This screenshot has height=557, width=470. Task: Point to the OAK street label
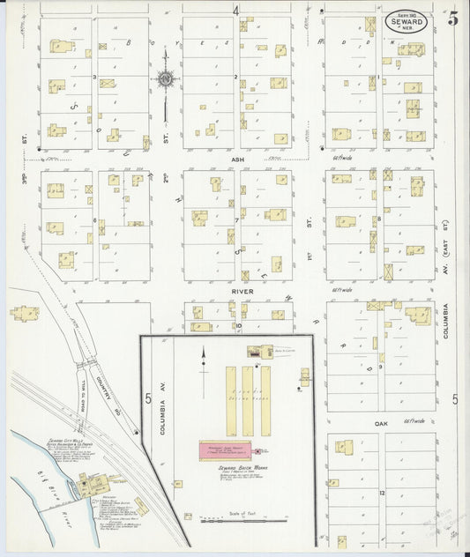tap(380, 423)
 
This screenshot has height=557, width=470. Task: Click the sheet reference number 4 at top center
tap(235, 11)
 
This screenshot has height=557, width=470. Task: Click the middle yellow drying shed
tap(247, 400)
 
